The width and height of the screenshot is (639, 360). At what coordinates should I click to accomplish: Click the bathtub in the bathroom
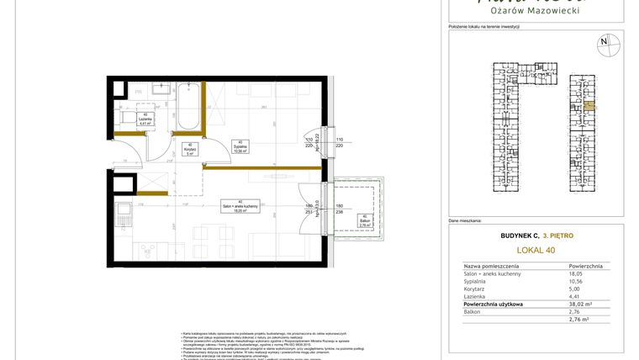click(187, 109)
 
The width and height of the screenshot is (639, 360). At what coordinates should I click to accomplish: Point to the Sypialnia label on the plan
click(240, 147)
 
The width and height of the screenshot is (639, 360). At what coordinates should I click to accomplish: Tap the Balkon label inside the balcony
click(365, 222)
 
